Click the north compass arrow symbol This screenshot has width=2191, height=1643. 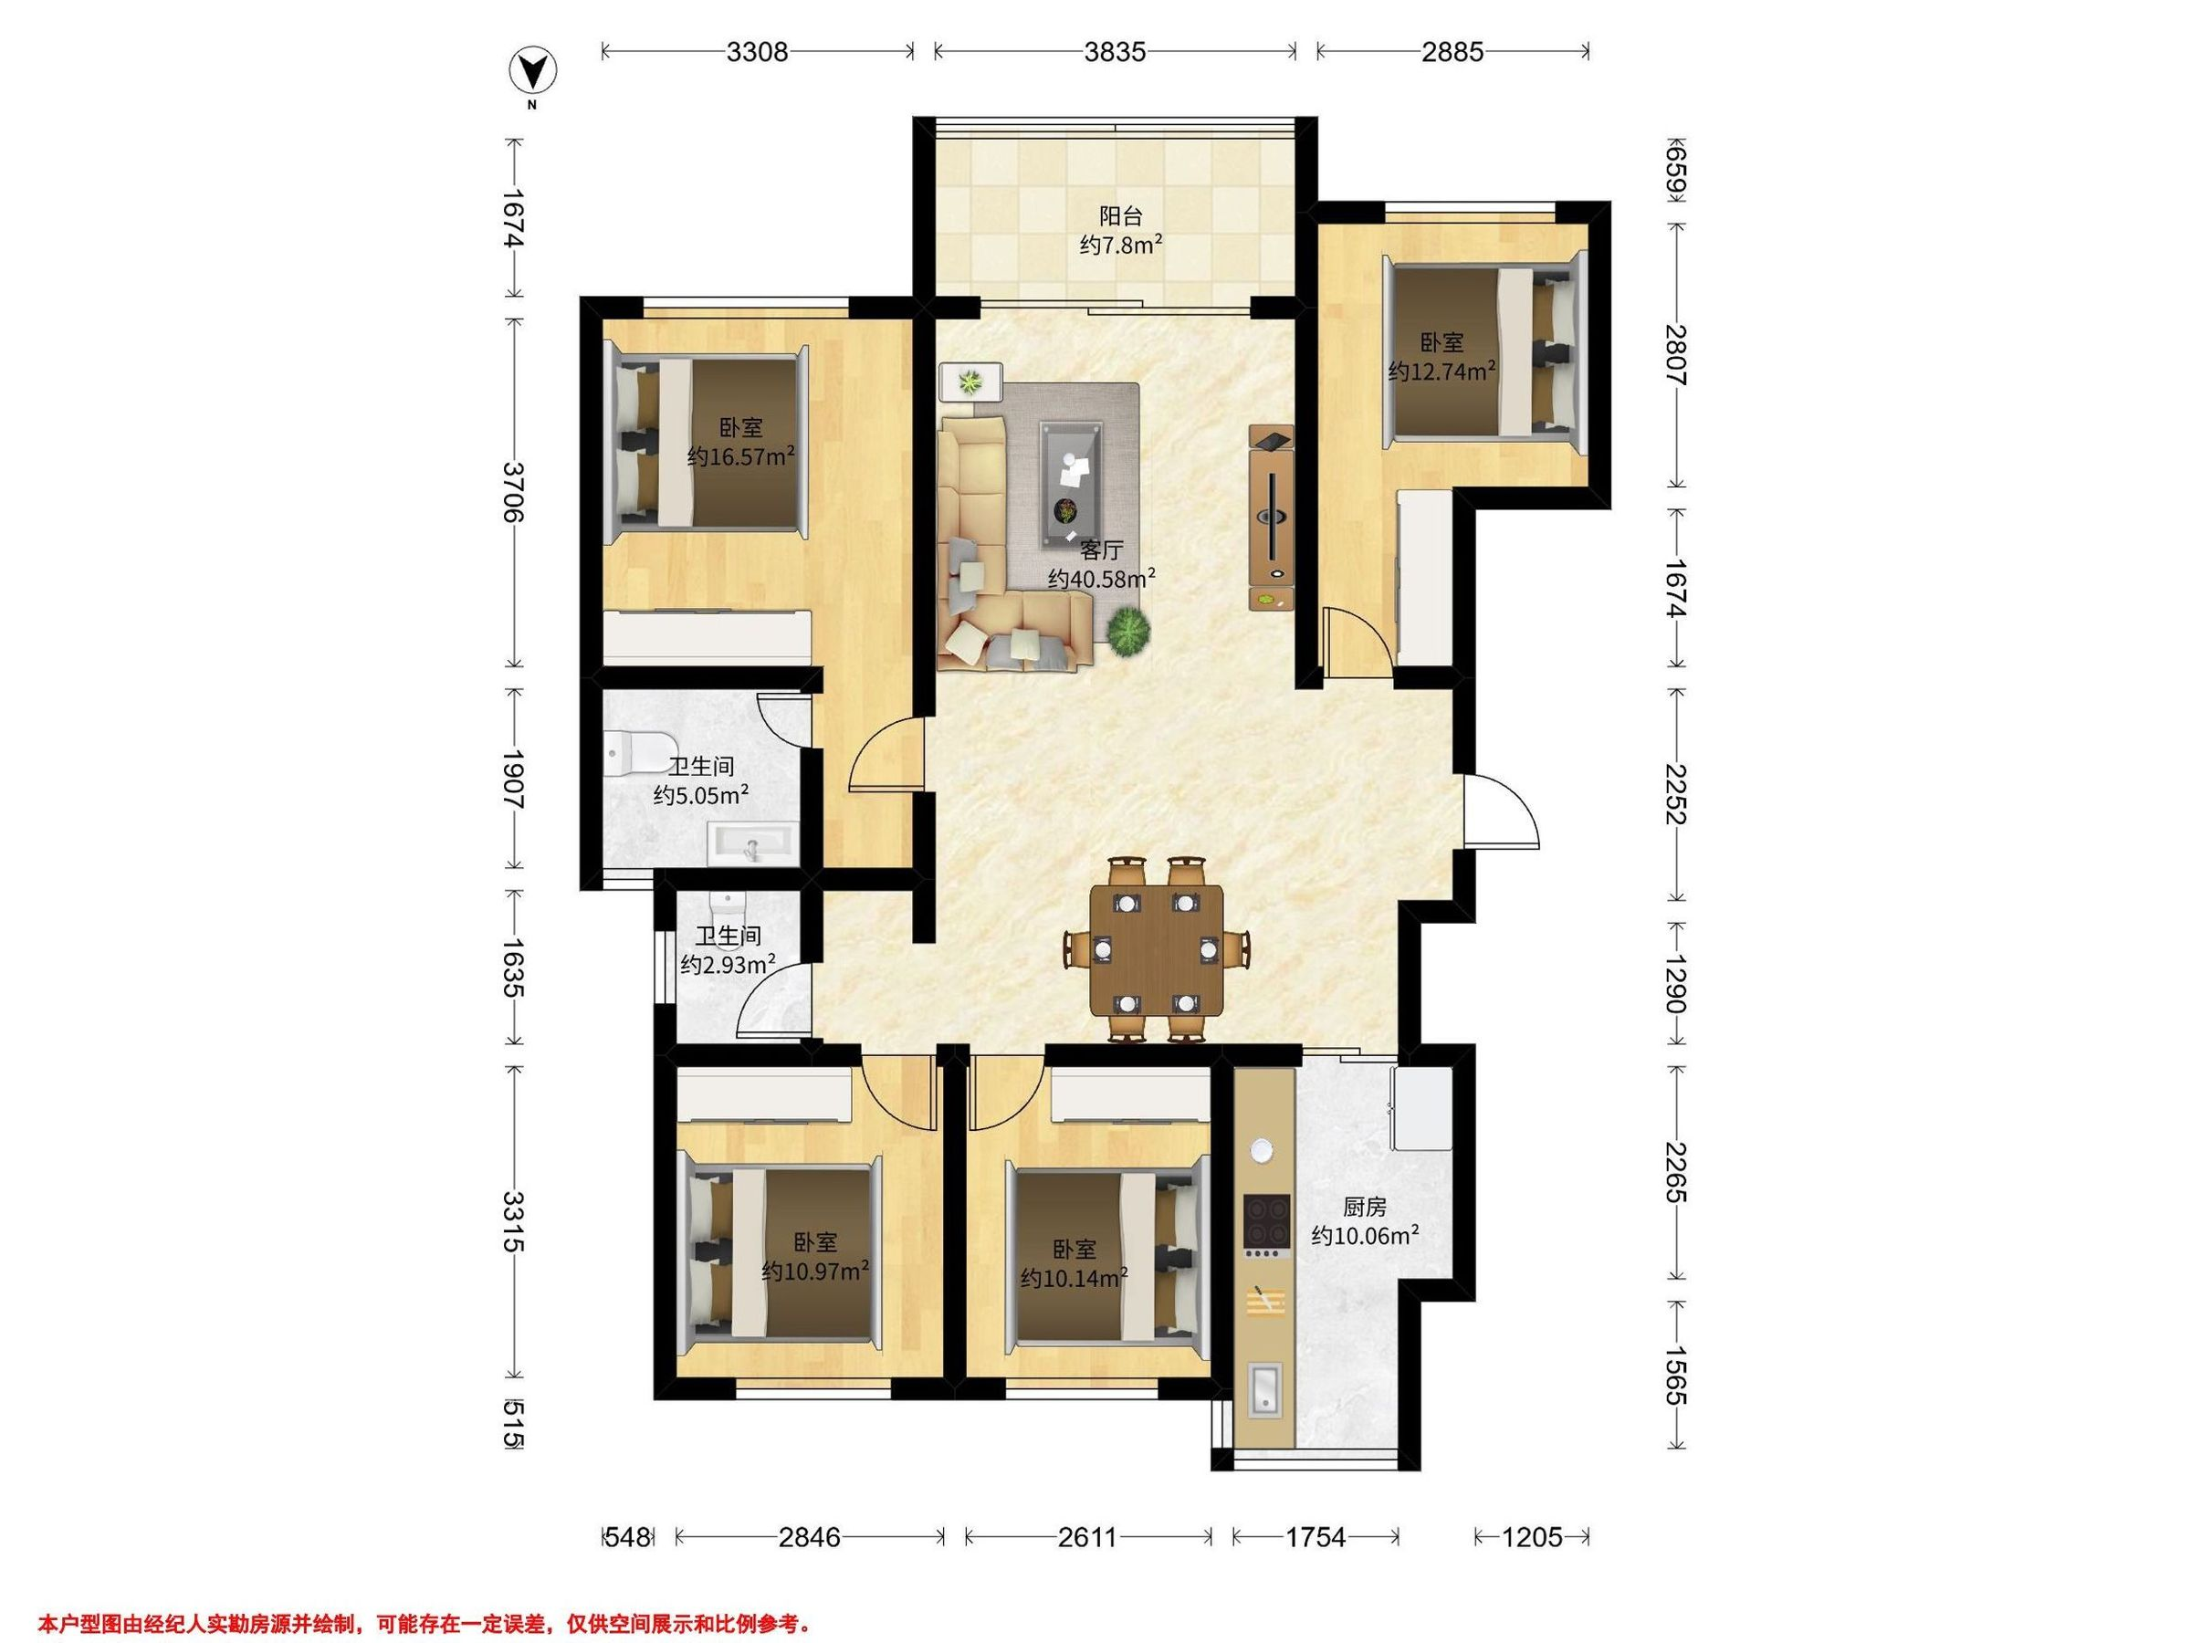(x=532, y=70)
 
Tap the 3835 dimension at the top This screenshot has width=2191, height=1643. (x=1115, y=51)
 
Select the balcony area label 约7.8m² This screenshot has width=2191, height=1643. (x=1120, y=245)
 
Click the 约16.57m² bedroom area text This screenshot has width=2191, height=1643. (x=742, y=456)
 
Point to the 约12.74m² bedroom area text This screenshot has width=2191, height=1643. (x=1441, y=372)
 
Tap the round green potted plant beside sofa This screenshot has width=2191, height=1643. (x=1128, y=632)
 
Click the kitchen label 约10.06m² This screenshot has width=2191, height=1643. (x=1366, y=1235)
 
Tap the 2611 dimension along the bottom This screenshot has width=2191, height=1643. (x=1086, y=1537)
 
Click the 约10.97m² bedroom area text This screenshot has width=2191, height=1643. (x=816, y=1271)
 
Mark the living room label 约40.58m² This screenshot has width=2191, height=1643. (x=1103, y=579)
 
